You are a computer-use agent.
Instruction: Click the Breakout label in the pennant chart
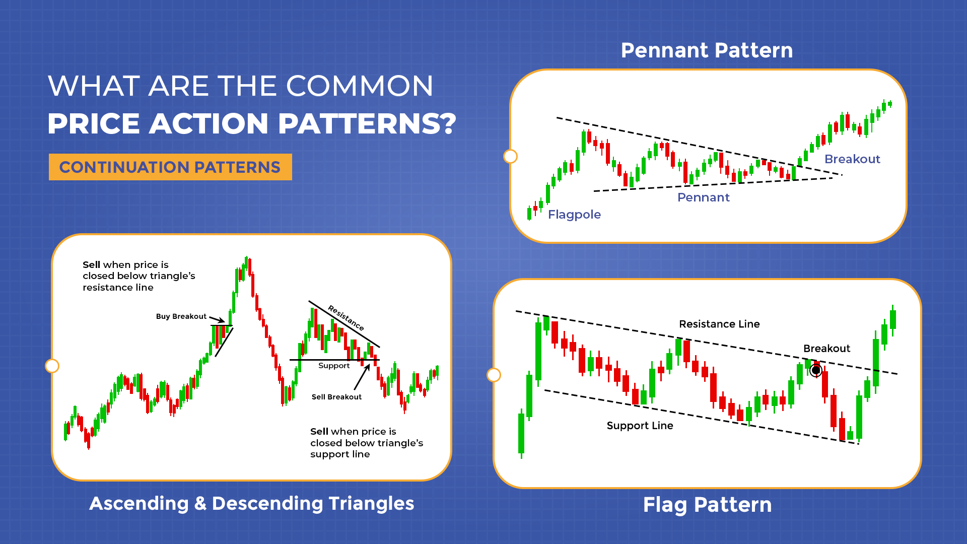click(852, 159)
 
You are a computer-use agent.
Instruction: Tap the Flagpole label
click(574, 215)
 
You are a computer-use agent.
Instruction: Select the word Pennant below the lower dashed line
click(703, 197)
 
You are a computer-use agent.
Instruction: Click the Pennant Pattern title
click(707, 50)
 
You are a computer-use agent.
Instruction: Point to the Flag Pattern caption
click(707, 505)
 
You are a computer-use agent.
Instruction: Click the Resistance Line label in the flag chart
click(719, 324)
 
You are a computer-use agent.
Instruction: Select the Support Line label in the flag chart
click(640, 426)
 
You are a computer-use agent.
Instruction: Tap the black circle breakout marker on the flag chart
click(816, 371)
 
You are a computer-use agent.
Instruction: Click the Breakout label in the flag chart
click(826, 349)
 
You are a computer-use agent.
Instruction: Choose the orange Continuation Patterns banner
click(170, 167)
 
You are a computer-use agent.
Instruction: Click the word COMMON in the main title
click(360, 86)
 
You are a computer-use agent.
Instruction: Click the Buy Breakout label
click(181, 316)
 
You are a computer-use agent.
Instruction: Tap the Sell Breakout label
click(336, 397)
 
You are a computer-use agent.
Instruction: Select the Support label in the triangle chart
click(333, 366)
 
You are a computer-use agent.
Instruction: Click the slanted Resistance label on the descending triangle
click(346, 318)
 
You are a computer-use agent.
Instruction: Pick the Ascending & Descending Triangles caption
click(251, 504)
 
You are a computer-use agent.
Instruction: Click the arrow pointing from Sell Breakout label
click(362, 378)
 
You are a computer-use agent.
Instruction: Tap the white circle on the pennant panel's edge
click(510, 157)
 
